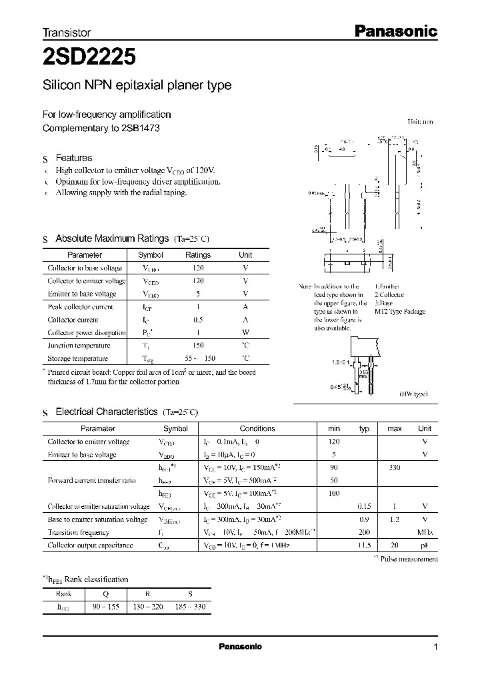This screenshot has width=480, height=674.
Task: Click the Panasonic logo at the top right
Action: pos(394,31)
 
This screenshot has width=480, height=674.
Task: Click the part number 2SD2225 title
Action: pos(89,57)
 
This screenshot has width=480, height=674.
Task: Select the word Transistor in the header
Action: pos(67,32)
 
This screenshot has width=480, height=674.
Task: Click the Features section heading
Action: pos(73,158)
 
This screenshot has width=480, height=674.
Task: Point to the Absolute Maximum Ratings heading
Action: pos(111,238)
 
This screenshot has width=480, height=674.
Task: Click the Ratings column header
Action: pos(197,255)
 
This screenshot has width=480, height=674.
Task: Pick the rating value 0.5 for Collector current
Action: pos(197,320)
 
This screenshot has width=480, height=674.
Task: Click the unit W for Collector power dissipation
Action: pos(246,332)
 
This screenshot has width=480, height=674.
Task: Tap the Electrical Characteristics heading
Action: pos(106,412)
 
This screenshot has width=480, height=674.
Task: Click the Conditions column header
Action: pos(257,429)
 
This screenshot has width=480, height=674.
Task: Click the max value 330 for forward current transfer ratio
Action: pos(394,468)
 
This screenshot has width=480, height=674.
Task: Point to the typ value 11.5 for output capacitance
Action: pos(364,545)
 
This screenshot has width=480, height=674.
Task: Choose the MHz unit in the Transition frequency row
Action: pos(425,532)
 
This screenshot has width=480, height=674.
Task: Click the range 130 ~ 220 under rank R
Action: pos(148,607)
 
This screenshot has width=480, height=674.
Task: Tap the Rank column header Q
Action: pos(105,594)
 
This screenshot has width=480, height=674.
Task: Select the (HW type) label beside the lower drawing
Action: pos(413,395)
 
